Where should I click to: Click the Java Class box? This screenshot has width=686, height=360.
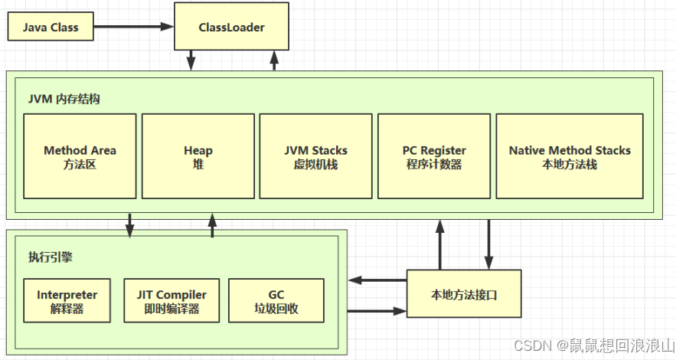click(51, 26)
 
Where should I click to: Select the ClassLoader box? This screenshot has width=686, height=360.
click(231, 26)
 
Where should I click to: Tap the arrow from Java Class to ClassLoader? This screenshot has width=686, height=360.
click(134, 26)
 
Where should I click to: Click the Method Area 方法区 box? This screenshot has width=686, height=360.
click(80, 156)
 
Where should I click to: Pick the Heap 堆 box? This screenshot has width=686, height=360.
click(198, 156)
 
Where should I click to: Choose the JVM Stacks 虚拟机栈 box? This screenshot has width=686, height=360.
click(316, 156)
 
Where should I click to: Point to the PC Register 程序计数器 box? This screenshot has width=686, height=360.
click(434, 156)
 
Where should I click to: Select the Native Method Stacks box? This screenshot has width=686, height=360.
click(570, 156)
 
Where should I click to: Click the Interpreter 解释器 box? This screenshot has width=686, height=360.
click(67, 301)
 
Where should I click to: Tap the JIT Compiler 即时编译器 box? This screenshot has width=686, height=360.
click(171, 301)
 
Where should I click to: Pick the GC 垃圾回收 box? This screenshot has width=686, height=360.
click(276, 301)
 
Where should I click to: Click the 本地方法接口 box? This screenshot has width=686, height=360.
click(464, 294)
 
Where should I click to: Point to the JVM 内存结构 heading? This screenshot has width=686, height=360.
click(64, 99)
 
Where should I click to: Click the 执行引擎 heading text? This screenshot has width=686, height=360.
click(51, 257)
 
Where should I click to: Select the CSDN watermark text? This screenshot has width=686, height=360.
click(594, 345)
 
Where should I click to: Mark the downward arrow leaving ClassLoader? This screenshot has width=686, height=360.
click(191, 60)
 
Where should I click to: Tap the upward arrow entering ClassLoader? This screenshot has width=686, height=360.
click(274, 60)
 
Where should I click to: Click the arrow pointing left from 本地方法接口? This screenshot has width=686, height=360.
click(377, 280)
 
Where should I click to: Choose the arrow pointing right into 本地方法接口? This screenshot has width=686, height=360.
click(377, 311)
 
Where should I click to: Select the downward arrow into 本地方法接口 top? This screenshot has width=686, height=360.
click(488, 244)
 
